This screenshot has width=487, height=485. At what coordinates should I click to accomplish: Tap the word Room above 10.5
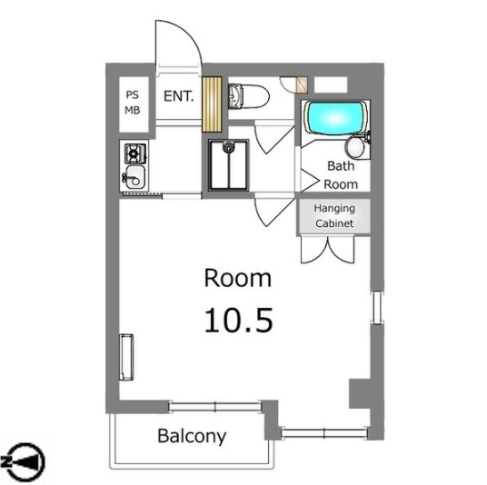(x=237, y=277)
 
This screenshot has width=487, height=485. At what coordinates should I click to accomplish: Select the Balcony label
(x=192, y=436)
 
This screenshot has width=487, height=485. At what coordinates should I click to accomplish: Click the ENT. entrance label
(x=179, y=94)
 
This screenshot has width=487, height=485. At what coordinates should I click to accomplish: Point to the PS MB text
(x=133, y=102)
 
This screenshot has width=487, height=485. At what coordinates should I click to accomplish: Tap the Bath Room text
(x=342, y=175)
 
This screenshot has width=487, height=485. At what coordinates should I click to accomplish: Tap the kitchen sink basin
(x=133, y=175)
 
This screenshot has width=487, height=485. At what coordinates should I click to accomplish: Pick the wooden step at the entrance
(x=212, y=105)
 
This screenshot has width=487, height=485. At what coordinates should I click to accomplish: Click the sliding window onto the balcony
(x=215, y=404)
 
